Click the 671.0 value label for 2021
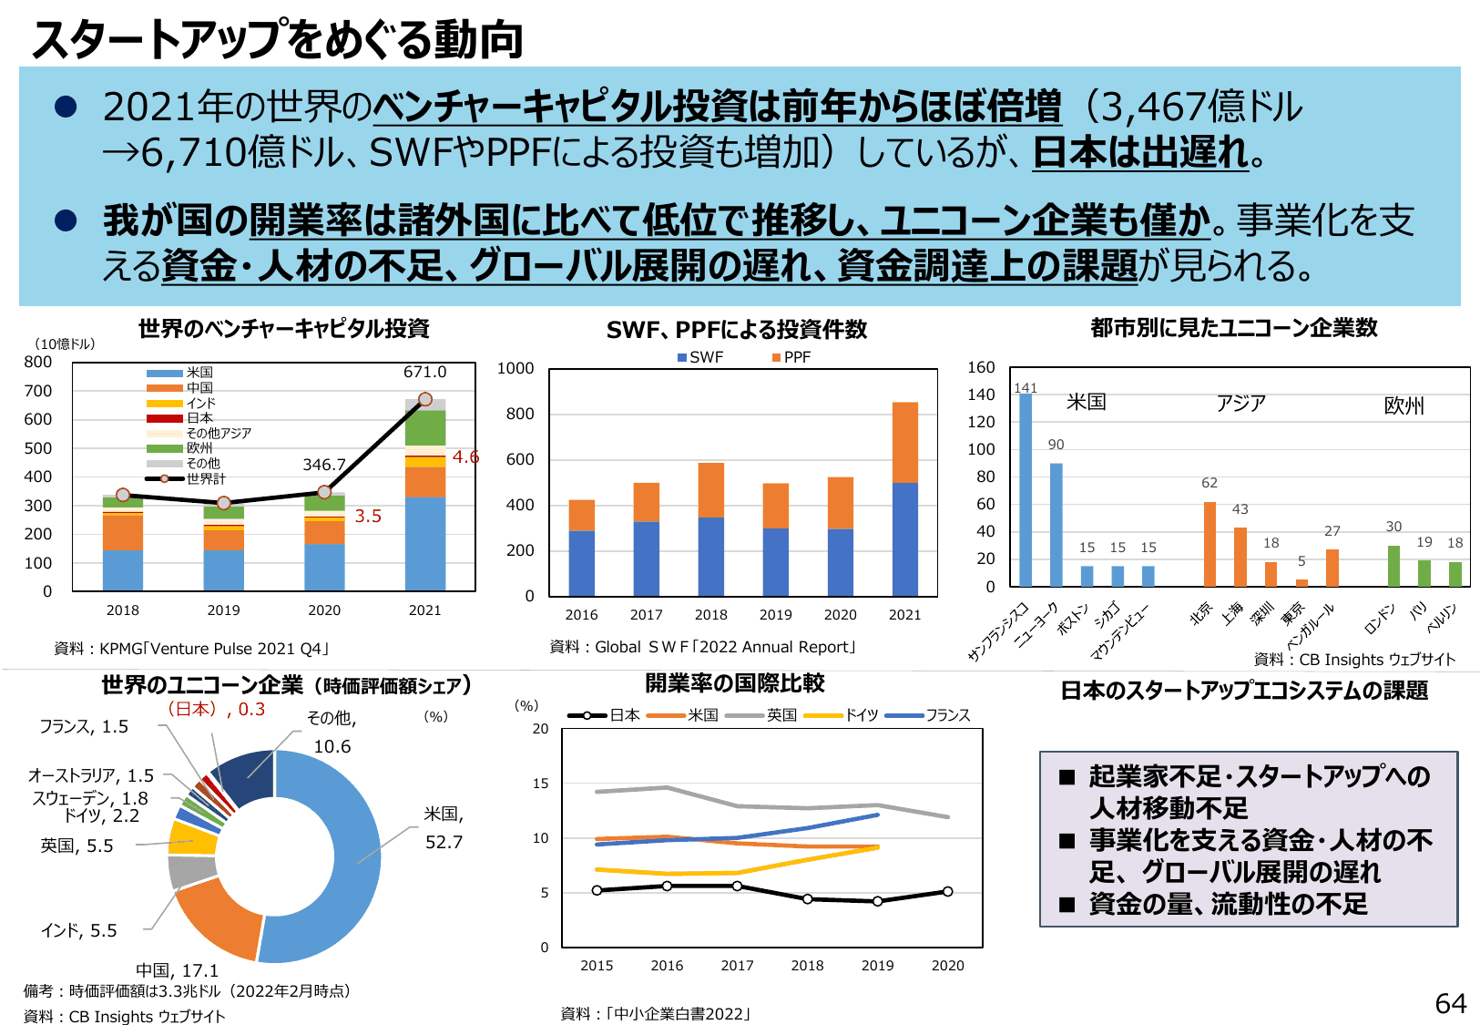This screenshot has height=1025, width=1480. [x=424, y=372]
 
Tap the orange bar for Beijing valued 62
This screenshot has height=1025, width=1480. [x=1210, y=544]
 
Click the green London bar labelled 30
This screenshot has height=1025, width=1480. [x=1393, y=566]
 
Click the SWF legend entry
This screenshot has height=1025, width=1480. [x=700, y=357]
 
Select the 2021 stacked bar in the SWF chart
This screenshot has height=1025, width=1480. [x=904, y=499]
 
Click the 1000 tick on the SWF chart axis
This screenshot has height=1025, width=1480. [x=515, y=368]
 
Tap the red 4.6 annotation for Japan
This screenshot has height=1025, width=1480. [x=465, y=456]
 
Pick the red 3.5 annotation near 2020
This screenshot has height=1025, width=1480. [x=368, y=516]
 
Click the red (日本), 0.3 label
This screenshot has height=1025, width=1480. [x=216, y=709]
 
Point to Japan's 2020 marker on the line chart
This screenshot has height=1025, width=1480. [x=947, y=892]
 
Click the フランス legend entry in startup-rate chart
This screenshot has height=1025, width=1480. [x=928, y=715]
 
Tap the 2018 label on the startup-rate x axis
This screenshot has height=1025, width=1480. [x=807, y=966]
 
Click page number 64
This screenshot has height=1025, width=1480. [x=1450, y=1003]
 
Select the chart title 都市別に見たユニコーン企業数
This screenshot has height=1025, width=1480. [x=1233, y=328]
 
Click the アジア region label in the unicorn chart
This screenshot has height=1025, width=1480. [x=1240, y=403]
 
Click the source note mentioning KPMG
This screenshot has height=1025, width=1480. [x=191, y=649]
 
